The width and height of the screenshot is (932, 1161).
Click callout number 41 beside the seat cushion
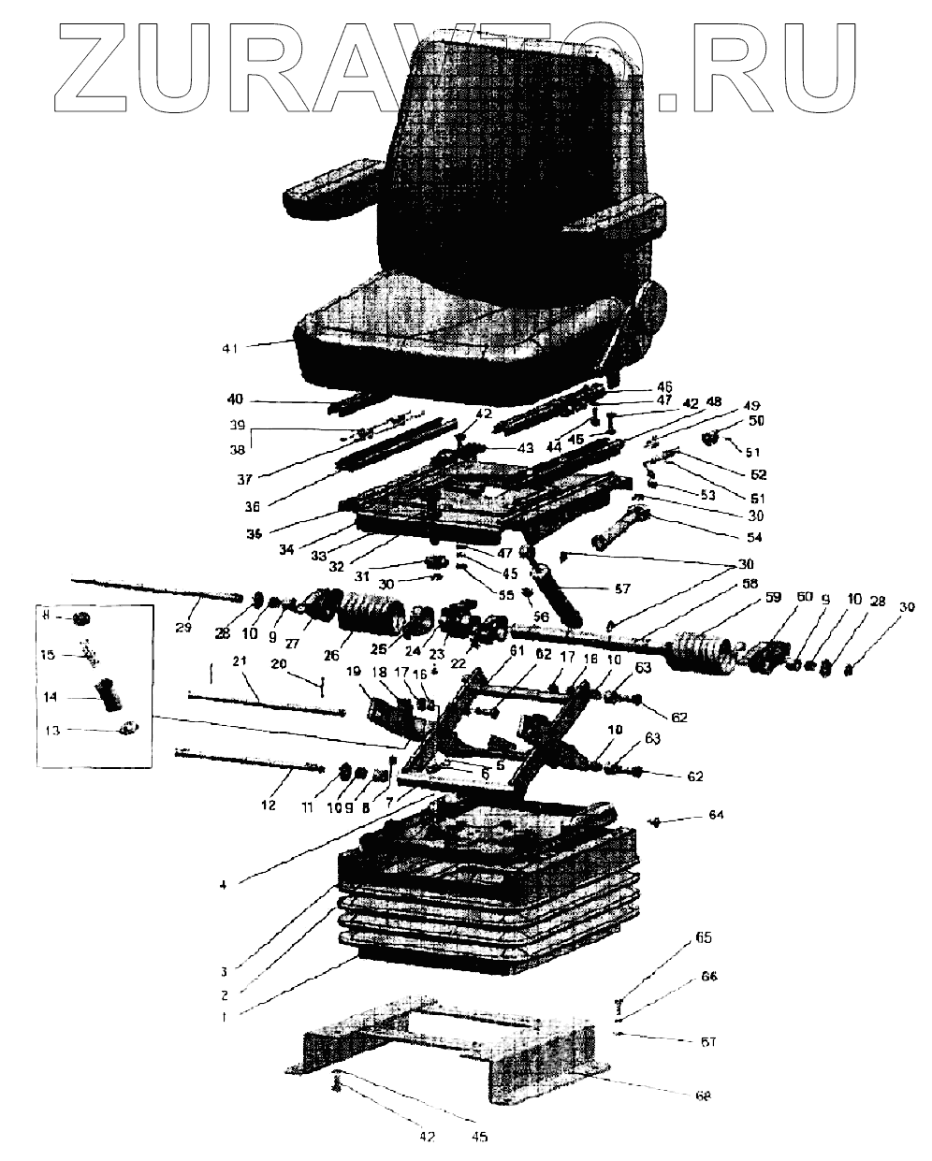click(x=230, y=348)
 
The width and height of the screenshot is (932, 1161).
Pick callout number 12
click(x=268, y=804)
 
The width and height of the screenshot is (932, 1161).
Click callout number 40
click(x=234, y=399)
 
